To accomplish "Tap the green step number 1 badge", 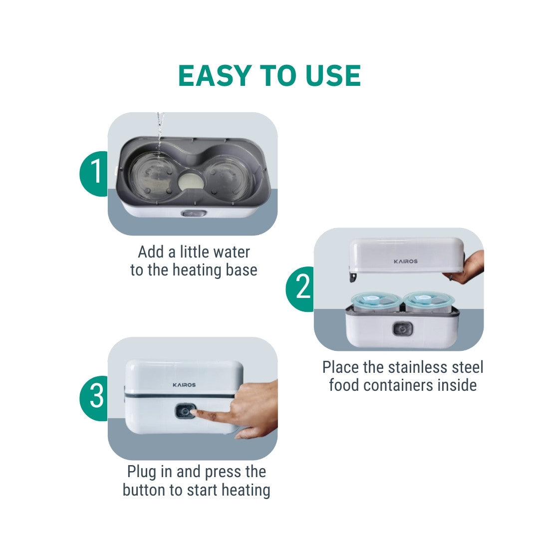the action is (x=93, y=174).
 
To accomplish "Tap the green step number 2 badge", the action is (x=300, y=289).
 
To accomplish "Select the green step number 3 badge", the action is (x=93, y=398).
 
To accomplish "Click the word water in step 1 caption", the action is (x=232, y=252).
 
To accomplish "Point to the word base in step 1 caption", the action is (x=242, y=270).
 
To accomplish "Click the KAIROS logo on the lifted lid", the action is (x=406, y=261).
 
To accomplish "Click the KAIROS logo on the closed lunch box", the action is (x=184, y=385).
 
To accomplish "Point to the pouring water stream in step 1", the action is (x=160, y=132).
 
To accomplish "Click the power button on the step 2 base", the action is (x=403, y=329).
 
